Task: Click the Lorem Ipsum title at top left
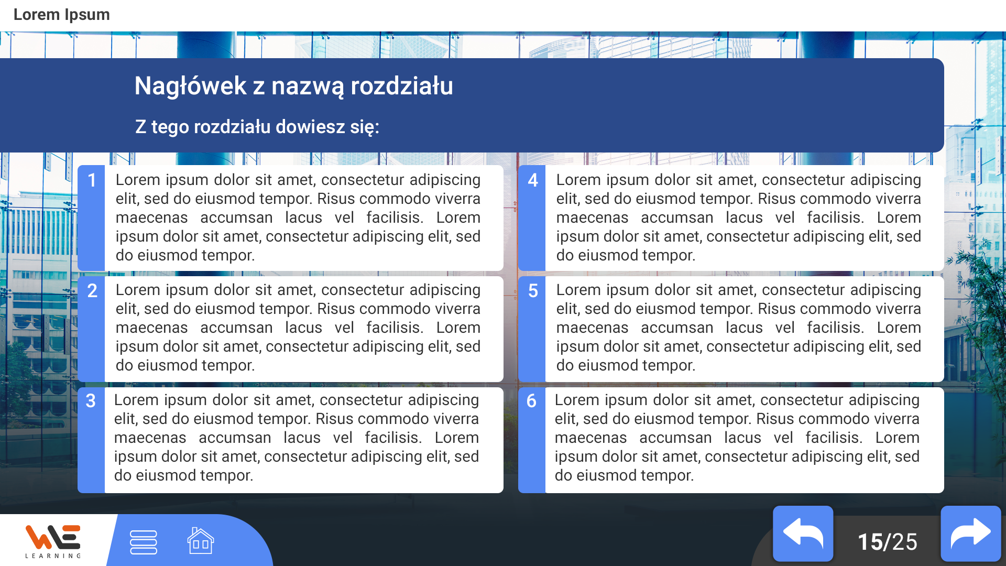pyautogui.click(x=61, y=15)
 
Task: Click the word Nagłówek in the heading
pyautogui.click(x=190, y=86)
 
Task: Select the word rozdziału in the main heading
pyautogui.click(x=401, y=86)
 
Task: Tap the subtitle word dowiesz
pyautogui.click(x=310, y=127)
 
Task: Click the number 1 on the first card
pyautogui.click(x=92, y=180)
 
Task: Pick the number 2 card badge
pyautogui.click(x=92, y=291)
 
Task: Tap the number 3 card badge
pyautogui.click(x=91, y=401)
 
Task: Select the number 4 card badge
pyautogui.click(x=533, y=180)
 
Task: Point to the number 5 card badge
pyautogui.click(x=533, y=291)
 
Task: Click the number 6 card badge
pyautogui.click(x=531, y=401)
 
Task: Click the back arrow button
pyautogui.click(x=803, y=534)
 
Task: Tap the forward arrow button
pyautogui.click(x=971, y=534)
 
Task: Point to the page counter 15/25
pyautogui.click(x=887, y=542)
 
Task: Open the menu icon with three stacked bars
pyautogui.click(x=144, y=542)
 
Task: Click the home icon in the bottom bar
pyautogui.click(x=201, y=541)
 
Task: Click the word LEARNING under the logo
pyautogui.click(x=53, y=556)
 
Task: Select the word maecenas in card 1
pyautogui.click(x=151, y=218)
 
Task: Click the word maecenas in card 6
pyautogui.click(x=591, y=438)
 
